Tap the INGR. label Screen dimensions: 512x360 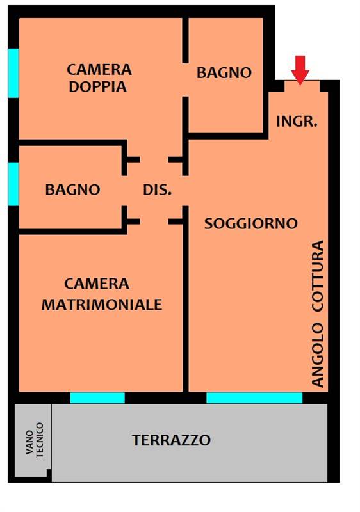(297, 120)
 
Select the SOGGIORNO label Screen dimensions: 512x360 (250, 223)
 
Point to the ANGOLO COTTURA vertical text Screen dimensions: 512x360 (318, 314)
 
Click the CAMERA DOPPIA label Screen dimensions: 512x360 (99, 77)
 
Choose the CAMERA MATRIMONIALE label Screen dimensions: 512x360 (101, 294)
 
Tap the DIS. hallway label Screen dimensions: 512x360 (157, 189)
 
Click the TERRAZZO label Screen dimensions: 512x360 (171, 440)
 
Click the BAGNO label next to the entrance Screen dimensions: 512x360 (224, 73)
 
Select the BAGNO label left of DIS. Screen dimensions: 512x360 (72, 189)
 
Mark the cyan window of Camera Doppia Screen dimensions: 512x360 (13, 73)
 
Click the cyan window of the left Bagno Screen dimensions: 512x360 (13, 183)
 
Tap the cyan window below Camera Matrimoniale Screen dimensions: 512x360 (97, 398)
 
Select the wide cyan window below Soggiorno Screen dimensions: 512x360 (254, 398)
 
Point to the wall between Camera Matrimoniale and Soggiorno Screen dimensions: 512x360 (186, 307)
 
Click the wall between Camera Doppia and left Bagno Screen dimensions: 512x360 (70, 141)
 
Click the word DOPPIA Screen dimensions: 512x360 (99, 87)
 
